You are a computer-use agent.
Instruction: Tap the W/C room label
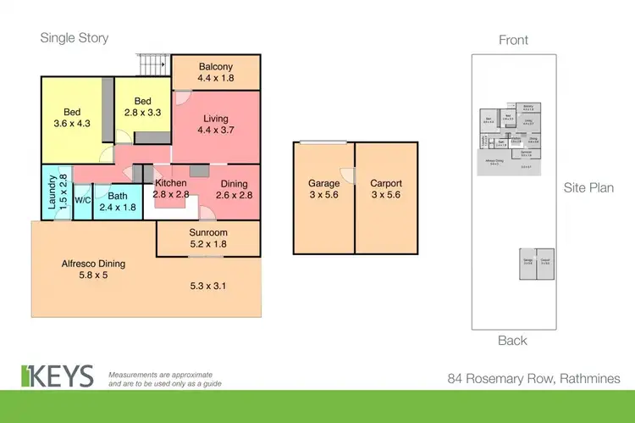point(82,200)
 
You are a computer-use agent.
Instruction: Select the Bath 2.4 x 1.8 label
point(118,200)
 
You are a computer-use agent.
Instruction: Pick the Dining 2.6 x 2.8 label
point(234,189)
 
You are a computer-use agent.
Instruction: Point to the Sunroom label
point(208,238)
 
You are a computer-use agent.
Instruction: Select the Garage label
point(323,188)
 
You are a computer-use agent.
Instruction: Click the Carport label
point(386,188)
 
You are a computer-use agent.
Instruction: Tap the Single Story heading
point(75,38)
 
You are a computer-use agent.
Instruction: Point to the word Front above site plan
point(513,39)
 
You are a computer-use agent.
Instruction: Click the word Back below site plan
point(513,341)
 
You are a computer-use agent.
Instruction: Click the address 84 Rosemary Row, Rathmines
point(533,379)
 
